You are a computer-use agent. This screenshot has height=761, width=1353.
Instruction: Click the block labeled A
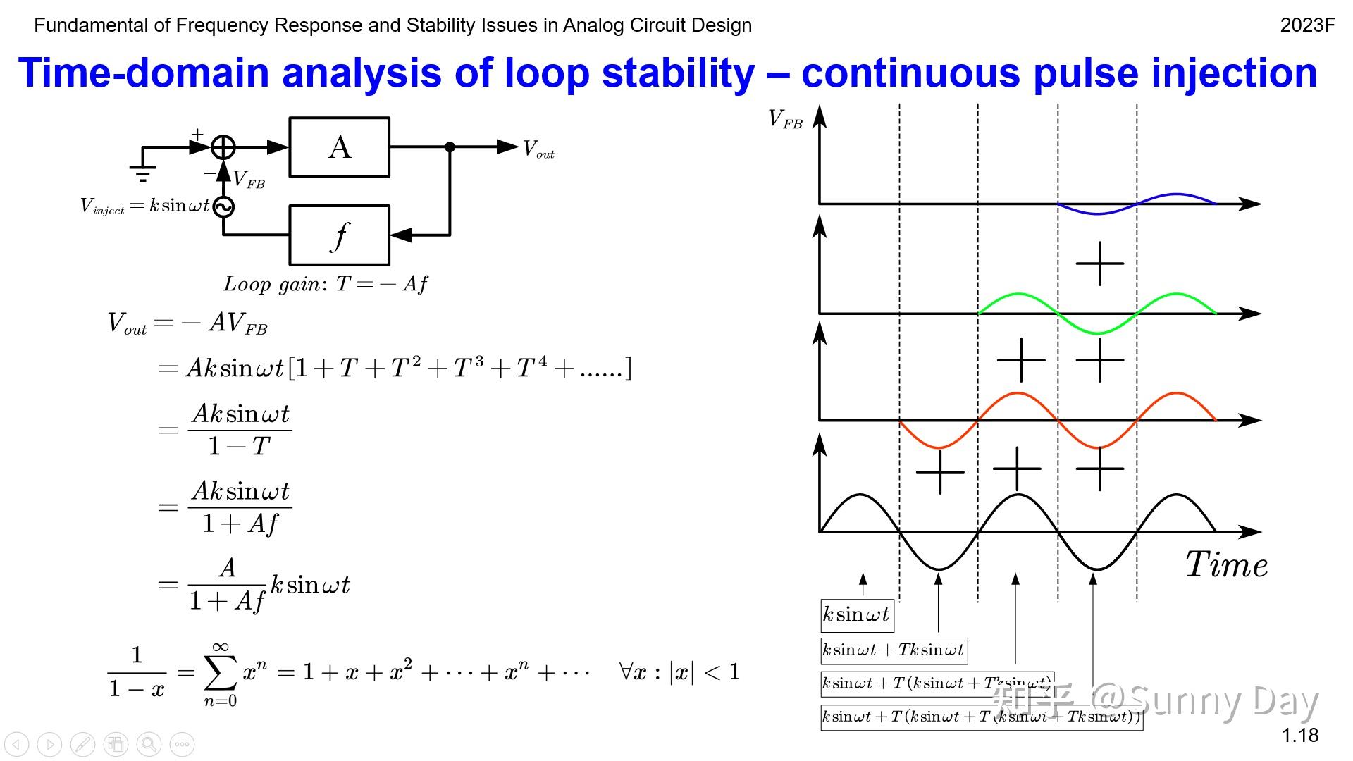(x=339, y=147)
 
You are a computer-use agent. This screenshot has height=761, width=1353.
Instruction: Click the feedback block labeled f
(x=339, y=235)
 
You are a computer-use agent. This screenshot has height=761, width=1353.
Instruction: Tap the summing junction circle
(x=223, y=147)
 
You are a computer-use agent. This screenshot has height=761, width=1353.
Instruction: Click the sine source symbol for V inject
(x=223, y=206)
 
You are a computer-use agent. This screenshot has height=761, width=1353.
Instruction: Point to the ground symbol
(x=142, y=172)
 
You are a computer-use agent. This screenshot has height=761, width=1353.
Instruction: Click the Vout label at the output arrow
(x=538, y=149)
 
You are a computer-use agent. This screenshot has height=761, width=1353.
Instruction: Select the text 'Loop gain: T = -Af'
(x=326, y=284)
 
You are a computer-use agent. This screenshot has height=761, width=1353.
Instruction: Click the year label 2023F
(x=1307, y=25)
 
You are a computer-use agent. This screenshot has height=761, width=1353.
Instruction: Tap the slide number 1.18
(x=1299, y=736)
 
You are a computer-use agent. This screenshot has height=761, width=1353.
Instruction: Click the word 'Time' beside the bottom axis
(x=1226, y=565)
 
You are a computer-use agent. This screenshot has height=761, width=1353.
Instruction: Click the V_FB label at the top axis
(x=785, y=119)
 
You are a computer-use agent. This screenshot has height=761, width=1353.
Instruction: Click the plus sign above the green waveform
(x=1099, y=264)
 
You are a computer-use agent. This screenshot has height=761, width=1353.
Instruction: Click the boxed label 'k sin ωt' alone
(x=857, y=615)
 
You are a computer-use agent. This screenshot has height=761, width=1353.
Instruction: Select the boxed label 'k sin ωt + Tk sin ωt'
(x=894, y=650)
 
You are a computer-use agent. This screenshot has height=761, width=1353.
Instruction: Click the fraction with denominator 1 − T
(x=240, y=430)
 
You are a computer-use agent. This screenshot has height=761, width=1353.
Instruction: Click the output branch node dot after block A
(x=450, y=147)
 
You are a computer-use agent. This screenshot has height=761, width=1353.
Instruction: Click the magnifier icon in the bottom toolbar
(x=149, y=744)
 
